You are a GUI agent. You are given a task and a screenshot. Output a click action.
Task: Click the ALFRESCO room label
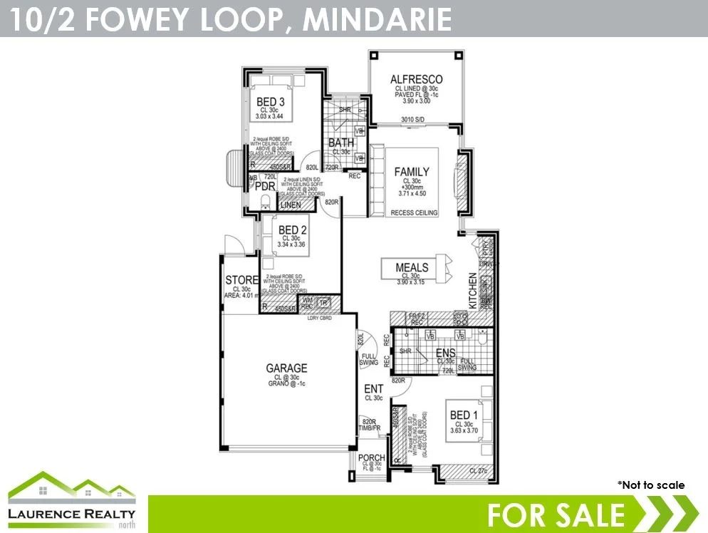coord(417,79)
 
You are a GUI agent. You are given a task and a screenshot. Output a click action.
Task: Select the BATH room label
coord(341,143)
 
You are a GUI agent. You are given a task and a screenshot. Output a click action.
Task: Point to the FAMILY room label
coord(412,172)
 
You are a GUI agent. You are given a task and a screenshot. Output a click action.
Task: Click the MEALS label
coord(412,268)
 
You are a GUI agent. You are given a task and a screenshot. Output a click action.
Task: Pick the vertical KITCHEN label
coord(472,290)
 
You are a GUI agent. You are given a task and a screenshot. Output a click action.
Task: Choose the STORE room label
coord(241,279)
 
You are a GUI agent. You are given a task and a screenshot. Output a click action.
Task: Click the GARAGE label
coord(287,368)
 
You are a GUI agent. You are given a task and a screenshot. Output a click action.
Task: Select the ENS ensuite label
coord(446,353)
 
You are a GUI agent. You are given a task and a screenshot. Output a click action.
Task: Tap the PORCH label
coord(372,458)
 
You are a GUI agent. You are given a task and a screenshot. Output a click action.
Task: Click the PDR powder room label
coord(265,186)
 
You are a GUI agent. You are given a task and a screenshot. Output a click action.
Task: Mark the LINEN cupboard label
coord(290,205)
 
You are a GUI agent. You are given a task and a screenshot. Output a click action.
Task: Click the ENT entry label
coord(374,389)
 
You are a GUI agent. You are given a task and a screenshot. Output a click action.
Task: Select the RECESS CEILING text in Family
coord(413,212)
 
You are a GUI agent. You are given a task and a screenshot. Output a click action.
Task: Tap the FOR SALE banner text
coord(556,514)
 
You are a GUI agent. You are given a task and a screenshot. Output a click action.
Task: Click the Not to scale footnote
coord(650,485)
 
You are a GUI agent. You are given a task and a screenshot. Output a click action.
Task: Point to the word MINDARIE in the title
coord(378,19)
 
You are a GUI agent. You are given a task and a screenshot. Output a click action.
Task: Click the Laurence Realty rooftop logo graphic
coord(71,486)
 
